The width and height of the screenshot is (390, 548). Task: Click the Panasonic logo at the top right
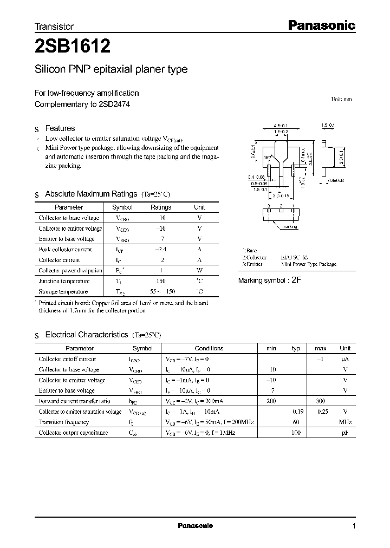(x=320, y=25)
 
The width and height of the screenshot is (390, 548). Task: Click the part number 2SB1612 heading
(x=73, y=47)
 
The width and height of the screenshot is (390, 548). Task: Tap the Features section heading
(x=60, y=128)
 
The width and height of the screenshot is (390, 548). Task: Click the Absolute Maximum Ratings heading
(x=90, y=194)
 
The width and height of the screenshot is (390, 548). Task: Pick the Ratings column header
(x=160, y=207)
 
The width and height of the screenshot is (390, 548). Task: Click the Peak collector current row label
(x=66, y=250)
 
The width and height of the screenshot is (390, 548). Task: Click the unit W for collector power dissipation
(x=199, y=270)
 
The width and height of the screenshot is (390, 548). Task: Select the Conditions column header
(x=209, y=349)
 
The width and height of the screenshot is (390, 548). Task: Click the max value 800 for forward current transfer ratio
(x=320, y=401)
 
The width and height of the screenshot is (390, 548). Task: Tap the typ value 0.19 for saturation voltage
(x=296, y=412)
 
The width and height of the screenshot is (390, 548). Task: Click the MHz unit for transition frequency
(x=345, y=422)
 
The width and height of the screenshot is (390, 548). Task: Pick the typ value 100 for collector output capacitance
(x=296, y=433)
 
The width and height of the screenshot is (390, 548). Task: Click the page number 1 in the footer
(x=354, y=526)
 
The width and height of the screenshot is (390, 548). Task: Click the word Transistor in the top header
(x=54, y=26)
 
